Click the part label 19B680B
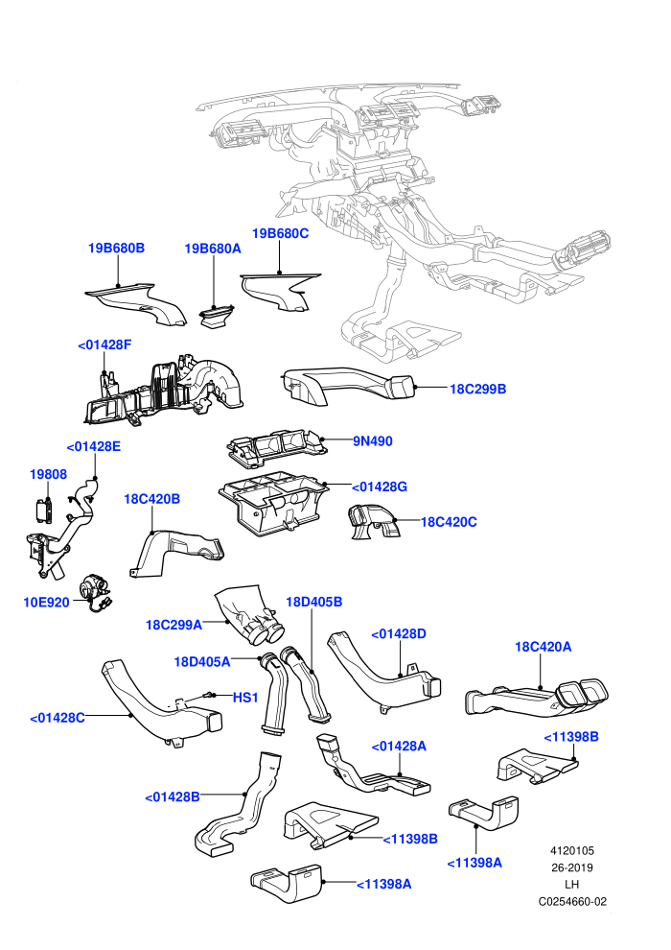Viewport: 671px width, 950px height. (116, 248)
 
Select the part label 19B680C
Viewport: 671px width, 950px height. (280, 233)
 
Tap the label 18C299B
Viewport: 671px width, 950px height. (477, 389)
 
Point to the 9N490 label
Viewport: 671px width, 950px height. (373, 441)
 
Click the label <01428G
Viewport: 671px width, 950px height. (380, 487)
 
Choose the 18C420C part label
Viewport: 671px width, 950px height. (449, 522)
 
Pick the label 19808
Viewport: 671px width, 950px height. (48, 474)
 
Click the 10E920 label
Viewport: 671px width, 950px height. (47, 603)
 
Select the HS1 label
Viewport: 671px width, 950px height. (245, 698)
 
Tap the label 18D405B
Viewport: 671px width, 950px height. (314, 602)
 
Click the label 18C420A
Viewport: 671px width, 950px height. (543, 647)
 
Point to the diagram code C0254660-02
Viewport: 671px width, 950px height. (572, 901)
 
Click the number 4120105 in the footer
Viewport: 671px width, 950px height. (572, 850)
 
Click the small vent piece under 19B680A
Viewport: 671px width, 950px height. (217, 318)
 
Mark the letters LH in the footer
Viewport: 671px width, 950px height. (571, 885)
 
